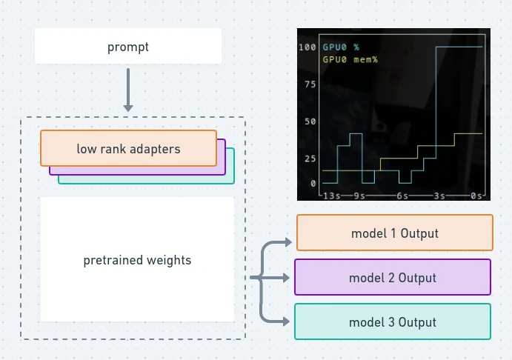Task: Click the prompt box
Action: coord(128,46)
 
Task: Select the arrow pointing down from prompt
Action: coord(128,90)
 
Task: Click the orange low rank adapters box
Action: coord(128,148)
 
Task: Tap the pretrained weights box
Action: coord(138,259)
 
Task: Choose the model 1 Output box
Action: coord(395,233)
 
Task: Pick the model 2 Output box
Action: coord(393,277)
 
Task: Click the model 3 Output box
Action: coord(393,321)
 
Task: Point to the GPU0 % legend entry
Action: coord(341,47)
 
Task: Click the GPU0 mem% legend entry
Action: coord(350,60)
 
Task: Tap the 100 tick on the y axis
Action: coord(307,47)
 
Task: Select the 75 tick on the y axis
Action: coord(310,84)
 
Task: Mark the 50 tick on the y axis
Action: coord(310,121)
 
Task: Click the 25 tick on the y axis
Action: coord(310,159)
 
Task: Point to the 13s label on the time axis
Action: coord(332,196)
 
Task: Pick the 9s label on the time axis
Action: coord(359,196)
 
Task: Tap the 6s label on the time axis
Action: coord(402,196)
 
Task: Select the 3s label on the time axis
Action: coord(439,196)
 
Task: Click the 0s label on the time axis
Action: coord(476,196)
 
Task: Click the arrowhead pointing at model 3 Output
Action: coord(286,321)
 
